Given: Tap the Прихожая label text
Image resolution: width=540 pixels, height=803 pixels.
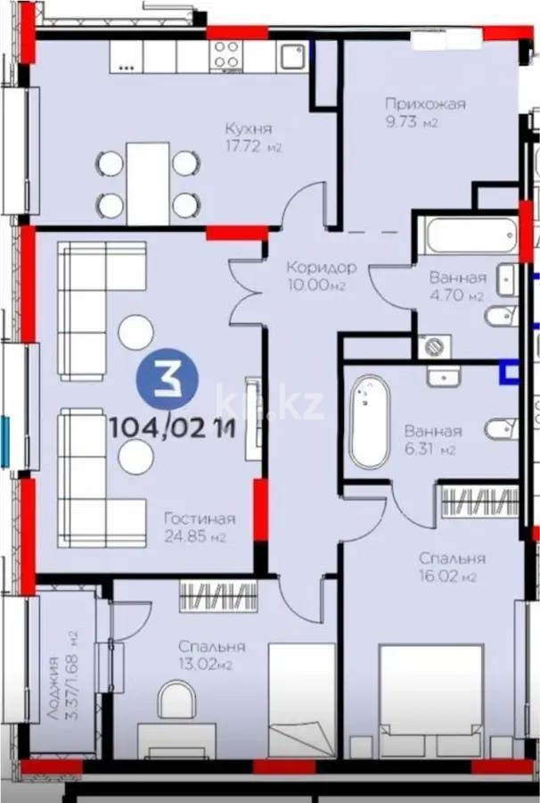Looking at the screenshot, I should click(x=425, y=104).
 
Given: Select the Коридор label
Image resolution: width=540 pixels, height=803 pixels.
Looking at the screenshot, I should click(x=322, y=267).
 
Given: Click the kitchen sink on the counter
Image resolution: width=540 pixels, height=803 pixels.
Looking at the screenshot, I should click(x=290, y=56).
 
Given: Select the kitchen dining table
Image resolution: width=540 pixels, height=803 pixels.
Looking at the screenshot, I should click(x=147, y=183).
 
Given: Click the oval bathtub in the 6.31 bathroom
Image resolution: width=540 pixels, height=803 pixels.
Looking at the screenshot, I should click(x=368, y=422).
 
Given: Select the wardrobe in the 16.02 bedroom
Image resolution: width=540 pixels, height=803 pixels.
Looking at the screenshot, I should click(x=479, y=501).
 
